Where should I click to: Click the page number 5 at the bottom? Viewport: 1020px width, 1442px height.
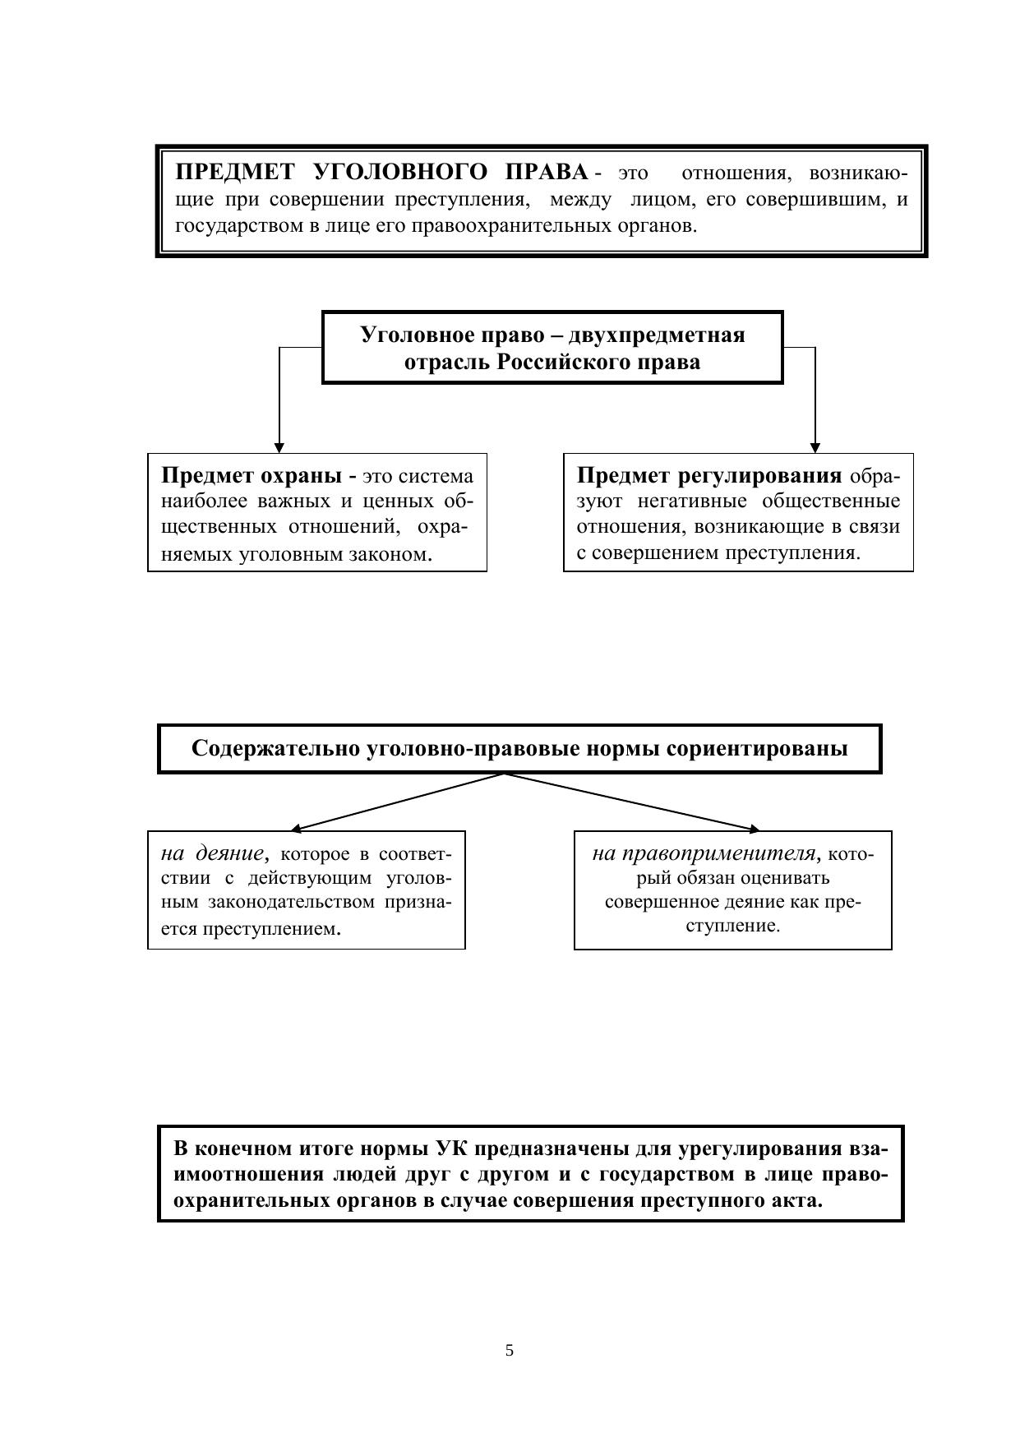pyautogui.click(x=510, y=1350)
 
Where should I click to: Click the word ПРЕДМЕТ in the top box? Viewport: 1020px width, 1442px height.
pyautogui.click(x=234, y=172)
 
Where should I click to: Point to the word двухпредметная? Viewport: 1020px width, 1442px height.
pyautogui.click(x=657, y=335)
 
